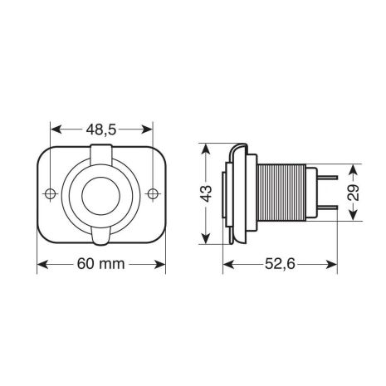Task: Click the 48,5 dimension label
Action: coord(101,129)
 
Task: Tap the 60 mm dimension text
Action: coord(101,265)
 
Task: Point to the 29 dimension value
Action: coord(354,193)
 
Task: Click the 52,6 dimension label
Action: coord(281,265)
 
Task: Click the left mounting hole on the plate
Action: coord(51,194)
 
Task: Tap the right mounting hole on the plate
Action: coord(152,194)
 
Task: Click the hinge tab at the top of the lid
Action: coord(101,153)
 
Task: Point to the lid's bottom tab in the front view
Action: coord(101,239)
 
